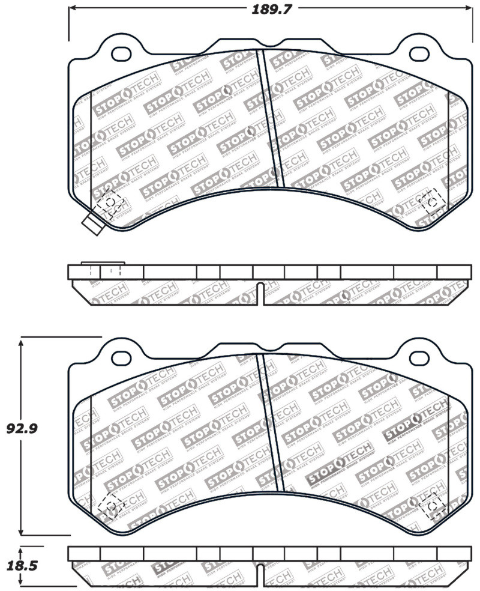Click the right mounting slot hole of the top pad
[x=418, y=52]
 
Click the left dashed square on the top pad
[x=109, y=202]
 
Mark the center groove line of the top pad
[x=270, y=117]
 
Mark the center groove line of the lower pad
[x=270, y=420]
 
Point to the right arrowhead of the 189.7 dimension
[x=469, y=8]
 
